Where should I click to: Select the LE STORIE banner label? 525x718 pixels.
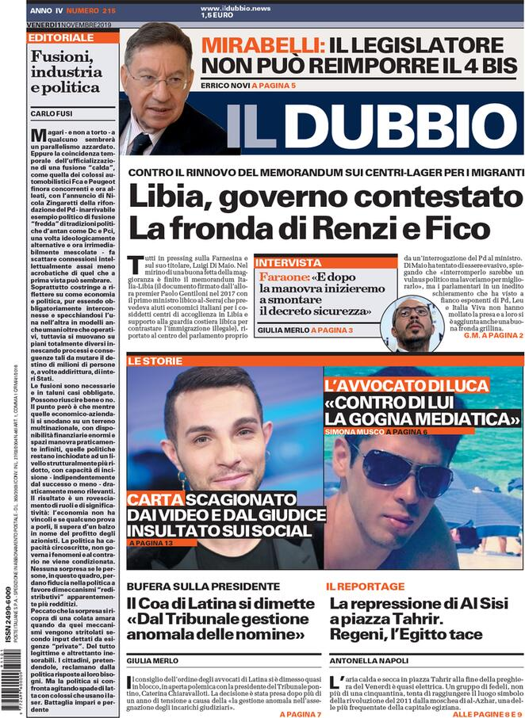click(151, 361)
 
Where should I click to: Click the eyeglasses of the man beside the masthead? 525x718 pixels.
click(158, 79)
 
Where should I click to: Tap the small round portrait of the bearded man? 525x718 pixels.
click(418, 323)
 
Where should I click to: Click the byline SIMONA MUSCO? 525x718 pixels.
click(354, 431)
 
